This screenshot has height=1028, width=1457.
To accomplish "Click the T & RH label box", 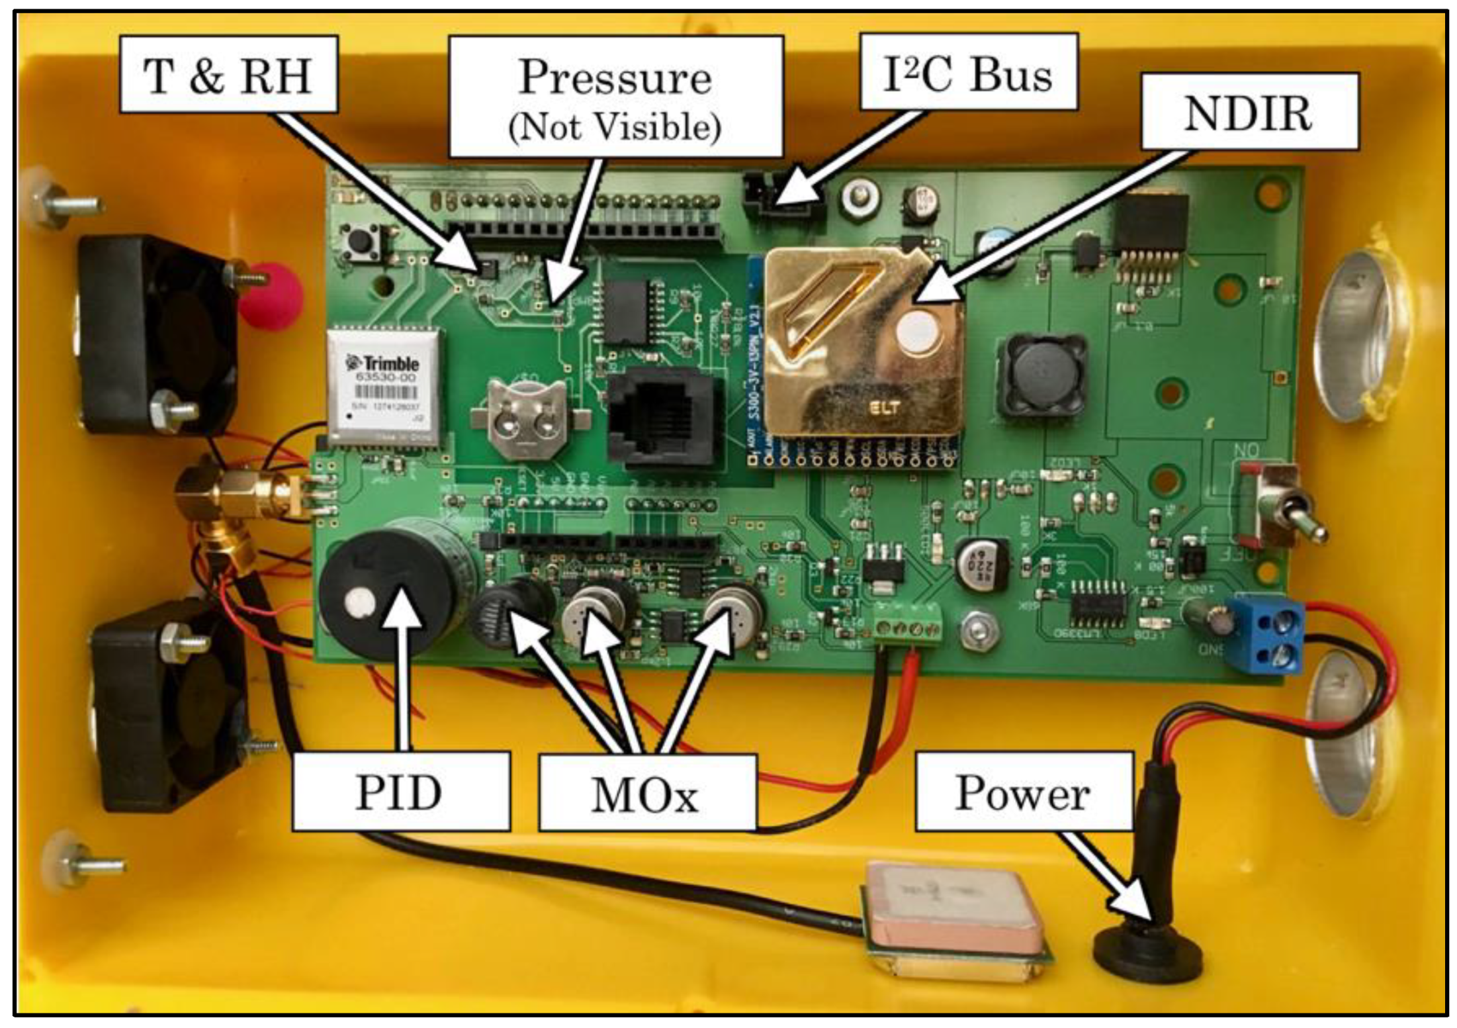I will coord(228,75).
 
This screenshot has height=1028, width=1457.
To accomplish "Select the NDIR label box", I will coord(1249,113).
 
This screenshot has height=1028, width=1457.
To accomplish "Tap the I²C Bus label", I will coord(968,73).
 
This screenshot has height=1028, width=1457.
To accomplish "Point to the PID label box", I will coord(400,792).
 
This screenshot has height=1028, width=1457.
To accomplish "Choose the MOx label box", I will coord(646,793).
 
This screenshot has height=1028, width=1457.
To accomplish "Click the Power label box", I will coord(1023,792).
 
